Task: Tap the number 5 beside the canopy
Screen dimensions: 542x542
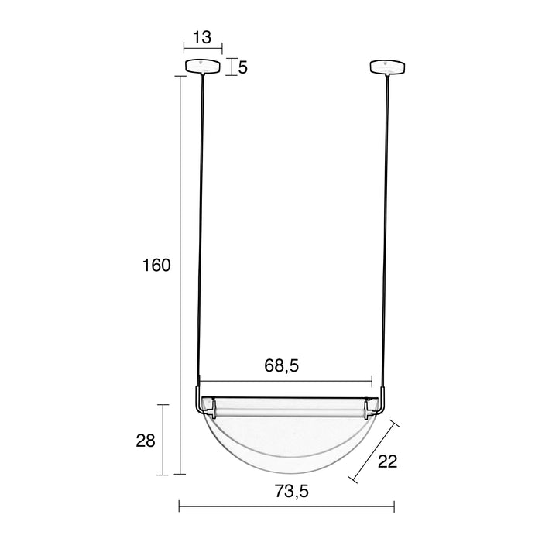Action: point(242,67)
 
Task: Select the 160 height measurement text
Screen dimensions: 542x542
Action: point(156,266)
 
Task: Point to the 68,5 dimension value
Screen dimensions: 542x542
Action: point(282,366)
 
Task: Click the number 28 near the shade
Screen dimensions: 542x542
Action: point(146,441)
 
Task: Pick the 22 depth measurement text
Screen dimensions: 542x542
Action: point(387,461)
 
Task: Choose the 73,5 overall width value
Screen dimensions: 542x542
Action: point(286,490)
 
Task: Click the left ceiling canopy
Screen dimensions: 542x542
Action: point(203,67)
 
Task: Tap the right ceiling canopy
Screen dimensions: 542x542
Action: point(388,67)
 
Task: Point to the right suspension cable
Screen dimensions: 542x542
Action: point(386,232)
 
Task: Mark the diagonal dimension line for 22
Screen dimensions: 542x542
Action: point(374,451)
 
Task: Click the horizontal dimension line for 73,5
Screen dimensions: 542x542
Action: point(232,508)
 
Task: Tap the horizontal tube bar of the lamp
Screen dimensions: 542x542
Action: point(290,405)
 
